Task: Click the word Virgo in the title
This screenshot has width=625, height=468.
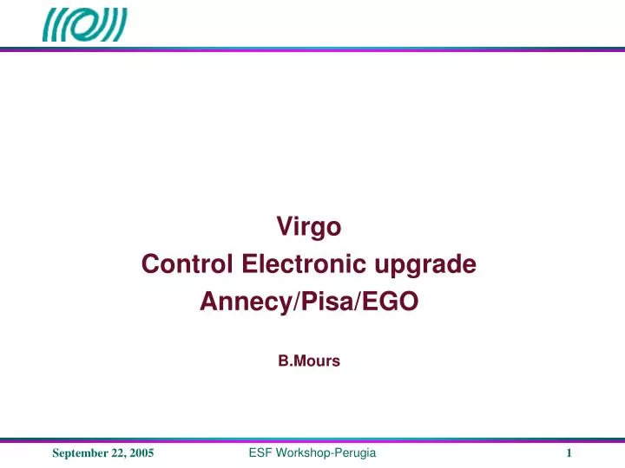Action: pyautogui.click(x=309, y=227)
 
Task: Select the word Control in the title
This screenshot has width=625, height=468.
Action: pyautogui.click(x=187, y=263)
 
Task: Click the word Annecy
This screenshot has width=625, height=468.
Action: pyautogui.click(x=243, y=301)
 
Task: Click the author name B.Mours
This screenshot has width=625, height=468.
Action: pyautogui.click(x=309, y=362)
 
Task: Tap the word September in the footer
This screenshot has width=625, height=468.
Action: pyautogui.click(x=82, y=454)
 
